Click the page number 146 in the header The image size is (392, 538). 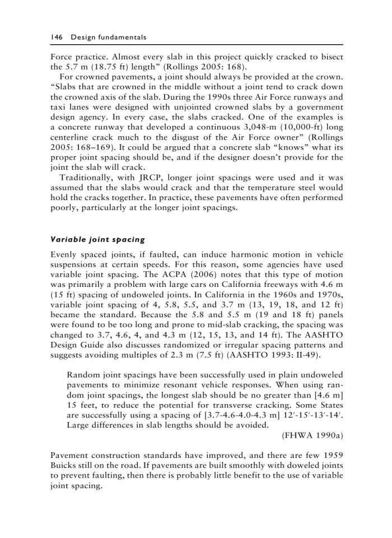point(55,37)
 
